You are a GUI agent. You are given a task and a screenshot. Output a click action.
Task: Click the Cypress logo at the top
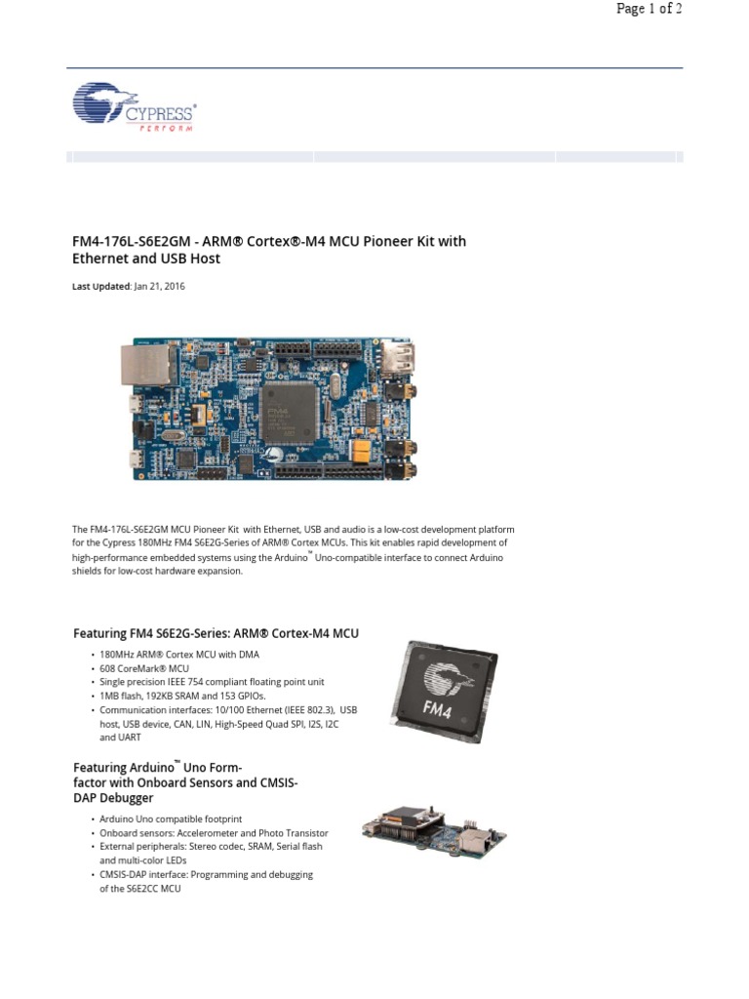pyautogui.click(x=135, y=107)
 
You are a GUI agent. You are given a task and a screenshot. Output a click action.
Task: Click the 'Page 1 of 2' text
pyautogui.click(x=649, y=10)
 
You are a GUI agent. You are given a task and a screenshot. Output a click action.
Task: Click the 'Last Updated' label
pyautogui.click(x=100, y=287)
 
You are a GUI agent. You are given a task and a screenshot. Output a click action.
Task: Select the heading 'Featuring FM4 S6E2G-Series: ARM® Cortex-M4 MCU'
pyautogui.click(x=217, y=633)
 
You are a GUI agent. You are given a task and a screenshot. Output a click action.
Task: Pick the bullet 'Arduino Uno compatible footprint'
pyautogui.click(x=171, y=819)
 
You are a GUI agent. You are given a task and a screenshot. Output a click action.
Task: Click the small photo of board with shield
pyautogui.click(x=434, y=830)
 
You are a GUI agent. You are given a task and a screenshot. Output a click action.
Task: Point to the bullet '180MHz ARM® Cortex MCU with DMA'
pyautogui.click(x=179, y=655)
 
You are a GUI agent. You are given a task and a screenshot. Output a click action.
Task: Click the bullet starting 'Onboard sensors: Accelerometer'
pyautogui.click(x=214, y=833)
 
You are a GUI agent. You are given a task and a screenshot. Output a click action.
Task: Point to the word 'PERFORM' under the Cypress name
pyautogui.click(x=163, y=129)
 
